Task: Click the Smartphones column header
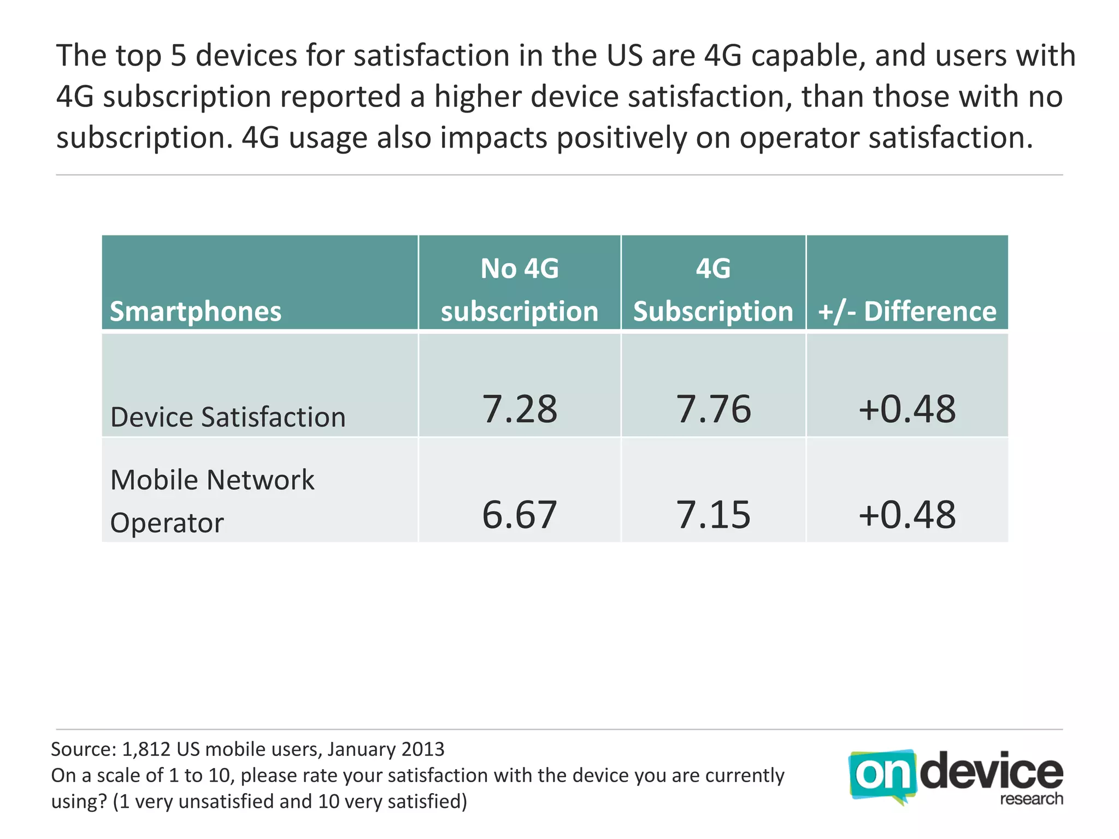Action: point(196,311)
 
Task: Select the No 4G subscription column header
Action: point(520,290)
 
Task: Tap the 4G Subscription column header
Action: point(713,290)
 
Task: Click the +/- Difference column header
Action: point(907,311)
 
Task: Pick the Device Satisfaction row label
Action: point(228,417)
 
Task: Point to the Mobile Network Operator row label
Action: point(212,501)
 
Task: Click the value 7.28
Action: point(519,409)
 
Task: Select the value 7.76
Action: point(714,409)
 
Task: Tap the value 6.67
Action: point(519,515)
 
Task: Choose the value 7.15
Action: point(714,515)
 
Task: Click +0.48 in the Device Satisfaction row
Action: point(907,409)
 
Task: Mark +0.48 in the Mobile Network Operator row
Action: point(907,515)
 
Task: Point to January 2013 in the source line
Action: point(386,749)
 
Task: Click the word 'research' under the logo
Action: point(1032,799)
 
